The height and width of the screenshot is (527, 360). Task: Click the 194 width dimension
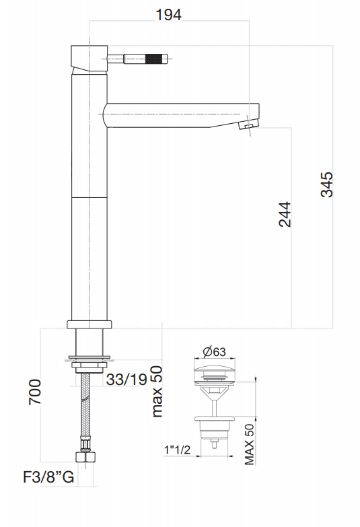coord(168,14)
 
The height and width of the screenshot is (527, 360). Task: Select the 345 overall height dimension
coord(327,184)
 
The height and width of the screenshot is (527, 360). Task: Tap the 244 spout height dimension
coord(285,214)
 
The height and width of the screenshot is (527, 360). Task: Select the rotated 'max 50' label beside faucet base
coord(157,391)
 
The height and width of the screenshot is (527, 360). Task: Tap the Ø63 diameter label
coord(213,351)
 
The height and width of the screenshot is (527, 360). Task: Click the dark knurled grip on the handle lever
coord(157,58)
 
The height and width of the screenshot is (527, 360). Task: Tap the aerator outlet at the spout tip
coord(248,126)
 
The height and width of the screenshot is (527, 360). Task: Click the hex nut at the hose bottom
coord(86,459)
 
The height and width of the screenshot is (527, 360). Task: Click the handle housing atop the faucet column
coord(88,58)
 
